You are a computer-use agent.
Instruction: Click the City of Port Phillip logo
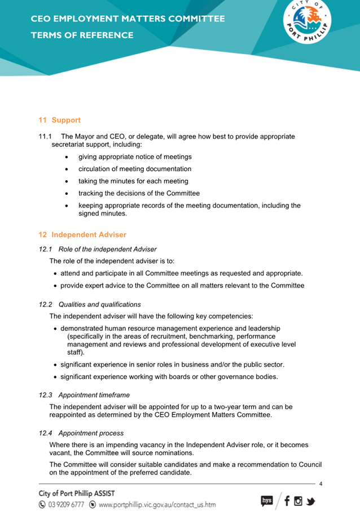[x=306, y=24]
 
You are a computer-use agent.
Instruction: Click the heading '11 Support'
[x=59, y=120]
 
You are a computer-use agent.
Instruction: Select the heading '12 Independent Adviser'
[x=82, y=234]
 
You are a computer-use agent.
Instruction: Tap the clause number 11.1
[x=45, y=137]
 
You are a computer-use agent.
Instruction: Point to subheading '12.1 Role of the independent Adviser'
[x=98, y=249]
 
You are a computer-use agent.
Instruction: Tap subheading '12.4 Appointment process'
[x=81, y=433]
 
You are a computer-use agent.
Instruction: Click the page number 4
[x=321, y=484]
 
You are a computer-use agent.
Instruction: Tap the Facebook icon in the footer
[x=287, y=500]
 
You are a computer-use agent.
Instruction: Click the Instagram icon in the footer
[x=298, y=500]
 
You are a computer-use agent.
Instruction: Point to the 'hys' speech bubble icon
[x=267, y=500]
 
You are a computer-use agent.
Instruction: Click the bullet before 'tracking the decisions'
[x=68, y=194]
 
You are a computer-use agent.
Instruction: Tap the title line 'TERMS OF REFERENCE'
[x=82, y=35]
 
